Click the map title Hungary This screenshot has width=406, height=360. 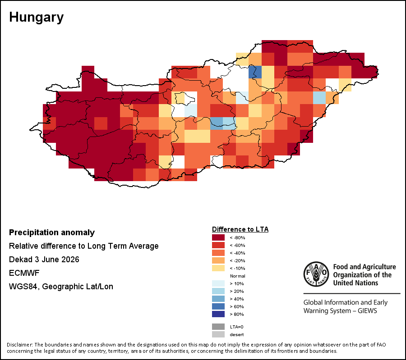[36, 18]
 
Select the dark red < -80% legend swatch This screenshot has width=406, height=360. [218, 237]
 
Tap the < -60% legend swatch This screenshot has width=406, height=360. [218, 245]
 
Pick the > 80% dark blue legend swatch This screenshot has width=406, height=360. [218, 314]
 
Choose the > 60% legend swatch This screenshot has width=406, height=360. [218, 306]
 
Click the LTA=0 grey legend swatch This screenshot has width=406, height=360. [218, 327]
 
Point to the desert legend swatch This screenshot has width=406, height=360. [218, 334]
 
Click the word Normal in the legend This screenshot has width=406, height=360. [237, 276]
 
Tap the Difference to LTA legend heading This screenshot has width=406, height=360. [240, 229]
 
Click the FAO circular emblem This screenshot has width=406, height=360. [316, 274]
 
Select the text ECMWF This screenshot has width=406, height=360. [24, 273]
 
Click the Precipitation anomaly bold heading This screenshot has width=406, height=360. [52, 232]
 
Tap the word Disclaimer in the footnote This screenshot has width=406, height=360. [19, 345]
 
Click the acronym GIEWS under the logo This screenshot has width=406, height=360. [367, 310]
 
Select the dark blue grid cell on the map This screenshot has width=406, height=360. [255, 72]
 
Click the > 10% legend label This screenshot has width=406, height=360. [237, 284]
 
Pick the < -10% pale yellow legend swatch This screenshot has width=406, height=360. [218, 268]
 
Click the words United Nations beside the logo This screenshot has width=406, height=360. [355, 283]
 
